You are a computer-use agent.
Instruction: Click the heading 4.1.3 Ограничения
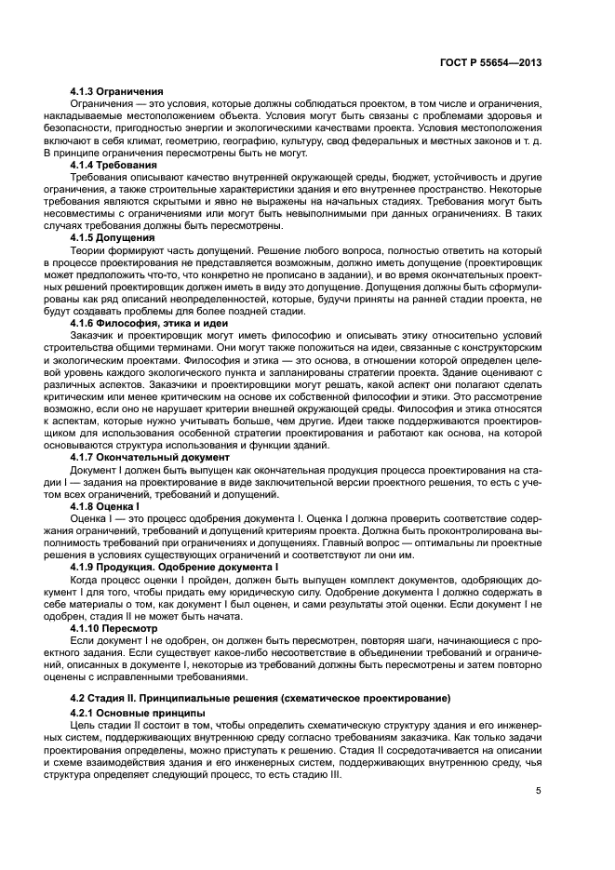coord(117,91)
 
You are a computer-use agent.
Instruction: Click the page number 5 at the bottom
coord(539,793)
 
